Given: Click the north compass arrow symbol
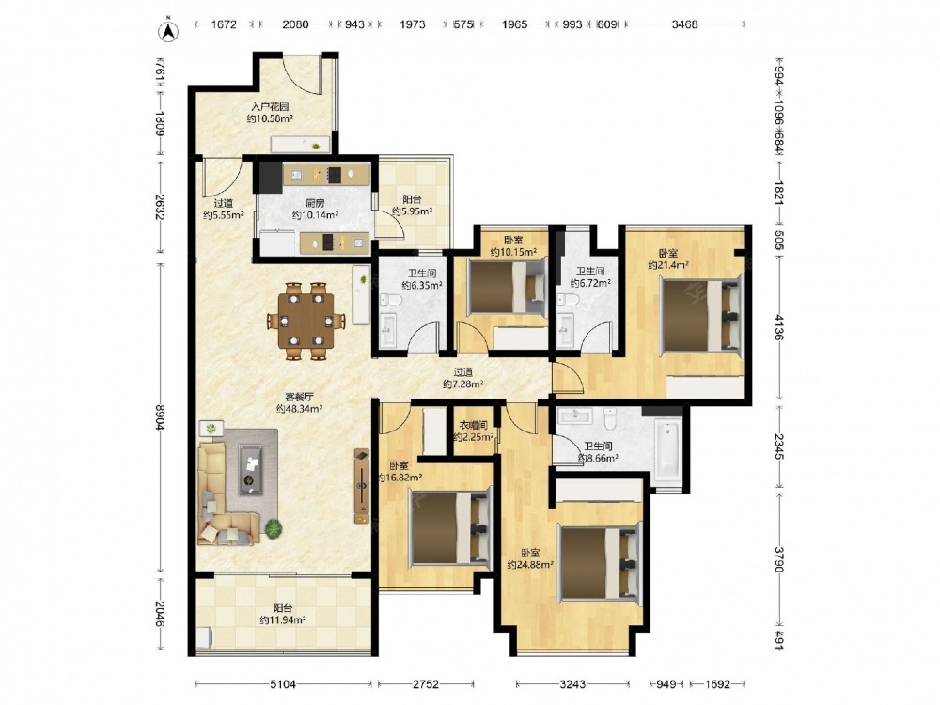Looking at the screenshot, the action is coord(169,31).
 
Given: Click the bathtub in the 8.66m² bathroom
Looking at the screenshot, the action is coord(667,451).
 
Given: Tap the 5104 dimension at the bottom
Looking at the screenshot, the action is coord(283,683).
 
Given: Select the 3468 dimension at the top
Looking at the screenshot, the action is coord(684,24).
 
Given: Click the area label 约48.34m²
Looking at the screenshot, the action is coord(300,408).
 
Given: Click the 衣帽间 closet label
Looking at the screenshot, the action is coord(473,425).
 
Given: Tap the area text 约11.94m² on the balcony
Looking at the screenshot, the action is coord(283,620).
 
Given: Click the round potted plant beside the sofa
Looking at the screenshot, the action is coord(274,528).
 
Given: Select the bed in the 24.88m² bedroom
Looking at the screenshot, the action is coord(598,562).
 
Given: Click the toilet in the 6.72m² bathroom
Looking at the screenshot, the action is coord(564,300).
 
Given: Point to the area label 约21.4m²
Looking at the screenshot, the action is coord(667,264).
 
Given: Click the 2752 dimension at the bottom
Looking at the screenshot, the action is coord(425,683).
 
